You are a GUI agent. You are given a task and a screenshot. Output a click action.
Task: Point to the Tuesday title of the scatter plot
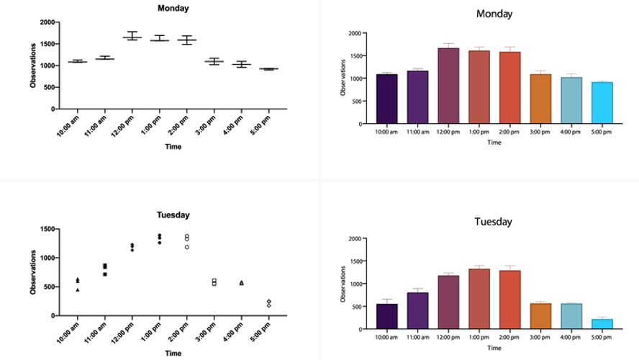173,215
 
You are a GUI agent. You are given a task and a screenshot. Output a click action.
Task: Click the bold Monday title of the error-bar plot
173,9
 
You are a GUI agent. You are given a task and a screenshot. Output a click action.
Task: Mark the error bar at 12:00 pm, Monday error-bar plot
132,36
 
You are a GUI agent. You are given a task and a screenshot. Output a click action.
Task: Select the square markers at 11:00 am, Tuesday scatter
105,269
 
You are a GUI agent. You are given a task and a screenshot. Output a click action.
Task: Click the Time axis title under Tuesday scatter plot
173,353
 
